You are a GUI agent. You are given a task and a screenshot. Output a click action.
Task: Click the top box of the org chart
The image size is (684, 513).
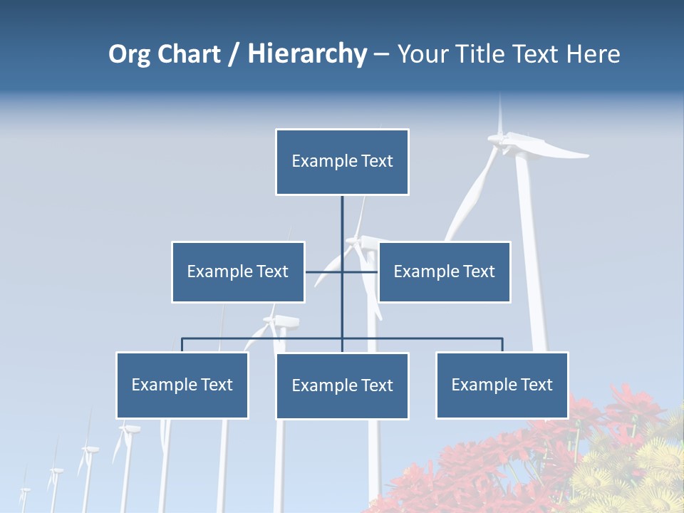point(342,162)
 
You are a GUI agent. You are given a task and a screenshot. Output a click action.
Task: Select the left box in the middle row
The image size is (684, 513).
point(238,271)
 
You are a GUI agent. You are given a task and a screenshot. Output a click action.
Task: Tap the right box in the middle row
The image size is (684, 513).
point(444,271)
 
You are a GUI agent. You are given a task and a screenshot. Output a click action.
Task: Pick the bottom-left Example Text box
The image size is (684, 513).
point(182,385)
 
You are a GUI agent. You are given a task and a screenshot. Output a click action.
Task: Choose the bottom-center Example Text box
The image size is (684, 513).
point(342,385)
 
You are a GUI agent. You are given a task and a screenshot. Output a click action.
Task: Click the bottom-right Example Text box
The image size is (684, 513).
point(502,385)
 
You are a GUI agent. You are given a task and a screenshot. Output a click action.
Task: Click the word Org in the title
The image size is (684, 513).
point(129,54)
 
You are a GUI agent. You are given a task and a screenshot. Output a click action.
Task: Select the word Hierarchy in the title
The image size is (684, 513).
point(307,54)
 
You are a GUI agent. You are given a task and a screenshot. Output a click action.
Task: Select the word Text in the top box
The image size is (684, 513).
point(377,162)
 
